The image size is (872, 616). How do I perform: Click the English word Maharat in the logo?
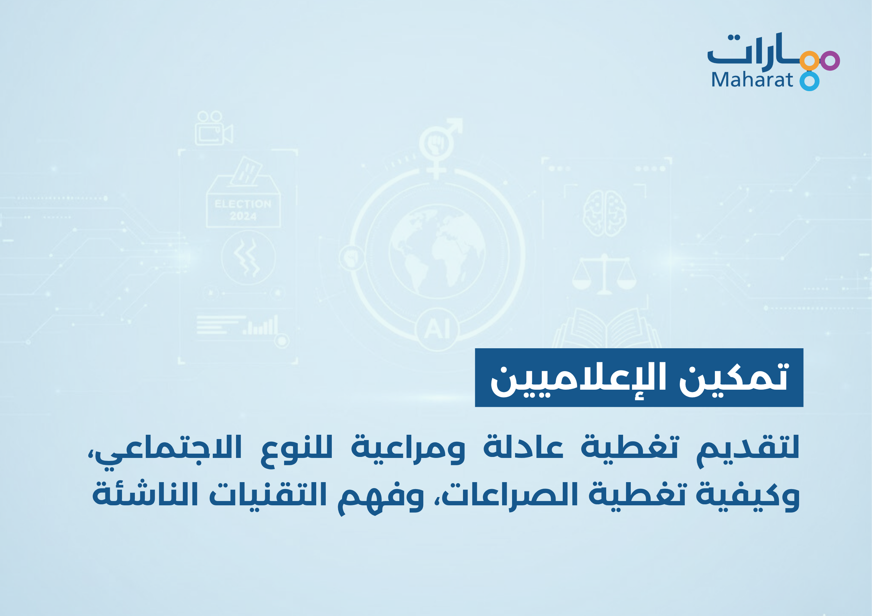click(x=752, y=80)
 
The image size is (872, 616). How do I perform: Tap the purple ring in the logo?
click(x=830, y=61)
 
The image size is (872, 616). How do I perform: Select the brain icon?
click(x=604, y=213)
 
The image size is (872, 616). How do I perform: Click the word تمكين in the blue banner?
click(x=733, y=378)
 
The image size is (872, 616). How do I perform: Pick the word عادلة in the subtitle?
click(x=523, y=447)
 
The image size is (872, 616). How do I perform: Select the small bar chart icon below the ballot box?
click(x=261, y=326)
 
